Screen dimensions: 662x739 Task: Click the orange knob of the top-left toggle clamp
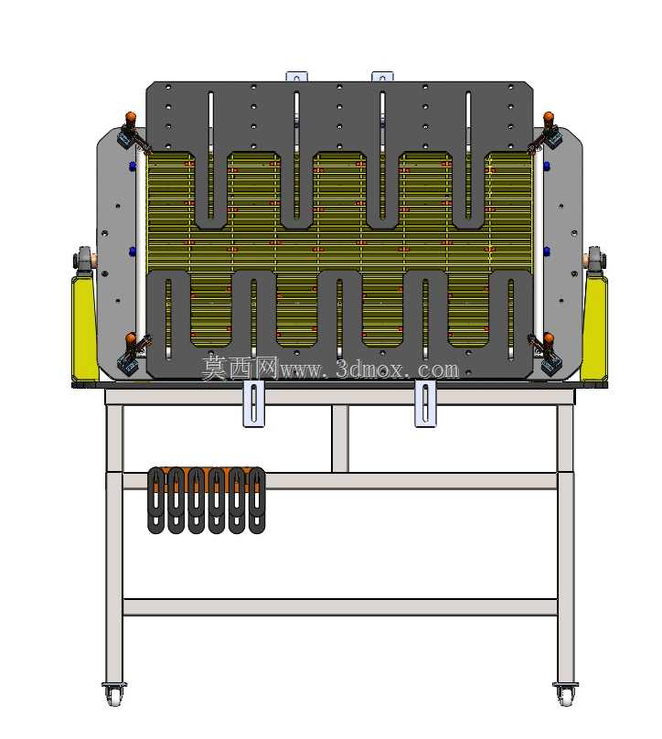coord(131,116)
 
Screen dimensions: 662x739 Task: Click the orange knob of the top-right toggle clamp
coord(548,116)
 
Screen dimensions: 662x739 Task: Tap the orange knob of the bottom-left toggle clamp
coord(131,337)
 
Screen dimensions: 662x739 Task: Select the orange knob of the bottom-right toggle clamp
coord(548,337)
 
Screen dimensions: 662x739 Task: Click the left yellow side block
coord(84,328)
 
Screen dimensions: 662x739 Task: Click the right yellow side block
coord(594,328)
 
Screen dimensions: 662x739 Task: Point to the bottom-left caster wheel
coord(114,695)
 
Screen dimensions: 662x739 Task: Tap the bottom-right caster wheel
coord(565,695)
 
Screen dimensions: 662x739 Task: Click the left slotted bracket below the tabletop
coord(254,404)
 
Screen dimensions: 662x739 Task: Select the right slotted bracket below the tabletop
coord(425,404)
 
